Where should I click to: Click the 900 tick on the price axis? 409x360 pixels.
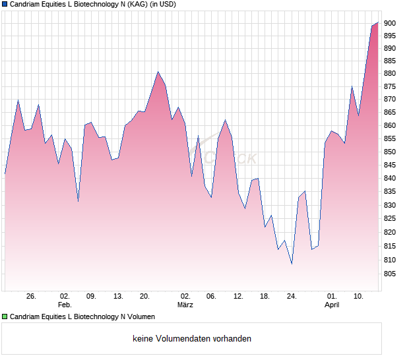[390, 23]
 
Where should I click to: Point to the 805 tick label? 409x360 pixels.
[390, 274]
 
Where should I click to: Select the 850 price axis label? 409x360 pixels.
[390, 152]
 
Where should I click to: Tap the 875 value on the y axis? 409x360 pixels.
[390, 86]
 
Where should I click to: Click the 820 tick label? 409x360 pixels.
[390, 233]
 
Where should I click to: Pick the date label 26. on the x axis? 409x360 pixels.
[31, 297]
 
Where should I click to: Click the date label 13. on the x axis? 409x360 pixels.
[118, 297]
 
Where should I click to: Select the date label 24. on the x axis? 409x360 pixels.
[292, 297]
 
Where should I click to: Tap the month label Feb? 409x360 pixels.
[65, 305]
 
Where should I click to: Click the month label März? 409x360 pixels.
[185, 305]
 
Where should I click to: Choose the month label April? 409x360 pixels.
[332, 305]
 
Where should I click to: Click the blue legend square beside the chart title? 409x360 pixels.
[5, 4]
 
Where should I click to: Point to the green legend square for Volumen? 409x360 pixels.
[5, 316]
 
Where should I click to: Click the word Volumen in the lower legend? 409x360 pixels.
[140, 316]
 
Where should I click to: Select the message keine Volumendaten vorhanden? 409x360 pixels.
[192, 339]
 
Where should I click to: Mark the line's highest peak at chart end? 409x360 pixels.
[378, 23]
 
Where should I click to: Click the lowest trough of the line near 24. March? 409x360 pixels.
[292, 264]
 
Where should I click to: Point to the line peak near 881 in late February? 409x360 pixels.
[158, 72]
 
